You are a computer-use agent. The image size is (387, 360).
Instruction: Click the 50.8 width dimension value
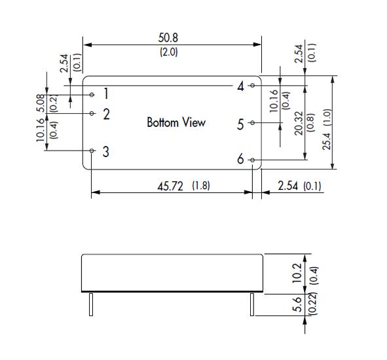(168, 38)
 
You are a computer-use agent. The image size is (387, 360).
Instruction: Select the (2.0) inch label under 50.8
(168, 52)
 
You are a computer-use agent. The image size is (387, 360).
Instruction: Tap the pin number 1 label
(106, 94)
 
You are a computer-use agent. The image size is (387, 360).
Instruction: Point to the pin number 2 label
(106, 114)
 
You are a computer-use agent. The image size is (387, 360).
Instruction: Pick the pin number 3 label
(106, 152)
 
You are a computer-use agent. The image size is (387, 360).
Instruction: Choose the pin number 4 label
(240, 86)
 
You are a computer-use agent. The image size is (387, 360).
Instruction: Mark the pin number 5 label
(240, 124)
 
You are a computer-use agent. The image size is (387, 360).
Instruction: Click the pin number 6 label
(240, 158)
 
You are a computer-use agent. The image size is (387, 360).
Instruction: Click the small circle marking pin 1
(92, 94)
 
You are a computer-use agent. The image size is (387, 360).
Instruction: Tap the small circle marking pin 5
(252, 122)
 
